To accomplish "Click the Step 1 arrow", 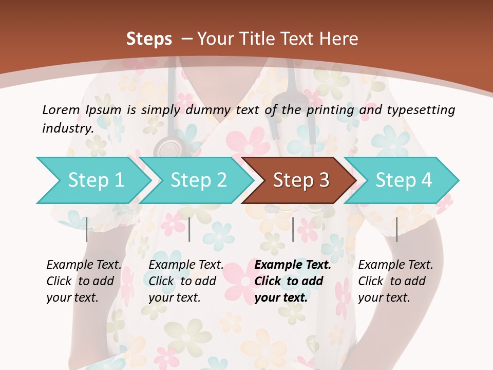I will click(x=96, y=180).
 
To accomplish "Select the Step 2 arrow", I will click(x=198, y=180).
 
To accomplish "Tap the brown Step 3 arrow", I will click(x=301, y=180).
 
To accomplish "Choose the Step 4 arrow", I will click(x=404, y=180).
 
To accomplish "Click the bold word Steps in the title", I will click(x=149, y=39).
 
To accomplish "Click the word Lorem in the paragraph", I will click(x=61, y=109).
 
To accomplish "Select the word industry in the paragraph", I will click(x=67, y=128).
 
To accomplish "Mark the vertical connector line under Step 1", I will click(x=86, y=229).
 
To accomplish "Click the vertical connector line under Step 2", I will click(x=189, y=229).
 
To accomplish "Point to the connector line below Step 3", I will click(x=293, y=229).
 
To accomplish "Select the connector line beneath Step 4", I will click(x=396, y=229).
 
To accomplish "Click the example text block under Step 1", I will click(x=84, y=281).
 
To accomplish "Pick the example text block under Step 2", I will click(x=186, y=281).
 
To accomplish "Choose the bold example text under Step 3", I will click(x=293, y=281).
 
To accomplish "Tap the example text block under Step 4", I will click(x=395, y=281).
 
